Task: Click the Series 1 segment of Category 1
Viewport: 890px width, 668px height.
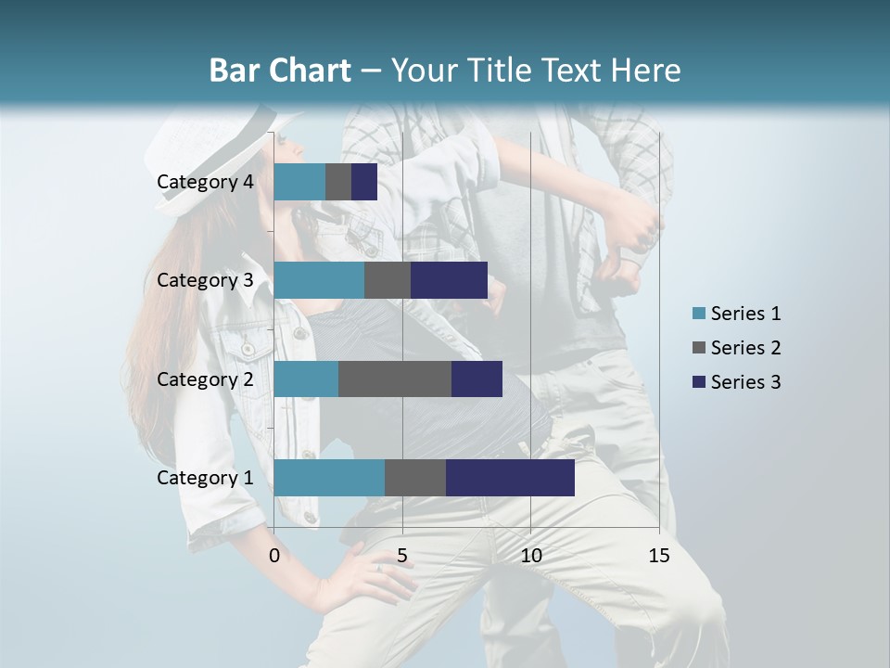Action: point(329,478)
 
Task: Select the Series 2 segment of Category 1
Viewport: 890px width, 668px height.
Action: point(415,478)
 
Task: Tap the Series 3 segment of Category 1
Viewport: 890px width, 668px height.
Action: point(510,478)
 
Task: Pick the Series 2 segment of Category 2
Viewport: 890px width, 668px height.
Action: point(395,379)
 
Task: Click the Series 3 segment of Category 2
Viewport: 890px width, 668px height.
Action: point(477,379)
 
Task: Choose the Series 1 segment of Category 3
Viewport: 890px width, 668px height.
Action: point(319,280)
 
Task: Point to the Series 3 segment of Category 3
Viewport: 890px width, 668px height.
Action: point(449,280)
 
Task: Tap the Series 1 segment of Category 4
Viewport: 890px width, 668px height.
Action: point(299,182)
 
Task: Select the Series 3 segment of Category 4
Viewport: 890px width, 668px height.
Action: point(364,182)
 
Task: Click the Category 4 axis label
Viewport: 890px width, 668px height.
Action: point(205,182)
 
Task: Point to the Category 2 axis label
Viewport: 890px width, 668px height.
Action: point(205,379)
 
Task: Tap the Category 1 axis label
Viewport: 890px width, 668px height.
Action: point(205,478)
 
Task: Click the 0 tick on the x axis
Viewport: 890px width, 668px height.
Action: point(274,556)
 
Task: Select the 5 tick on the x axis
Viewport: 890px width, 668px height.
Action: point(402,556)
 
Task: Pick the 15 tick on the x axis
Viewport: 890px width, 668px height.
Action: point(659,556)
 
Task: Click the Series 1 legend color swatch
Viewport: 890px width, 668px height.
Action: point(698,314)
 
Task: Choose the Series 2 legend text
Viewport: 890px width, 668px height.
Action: point(745,348)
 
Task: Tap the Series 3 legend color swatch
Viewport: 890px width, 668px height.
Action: point(698,382)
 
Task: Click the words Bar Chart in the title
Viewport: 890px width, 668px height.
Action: point(279,71)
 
